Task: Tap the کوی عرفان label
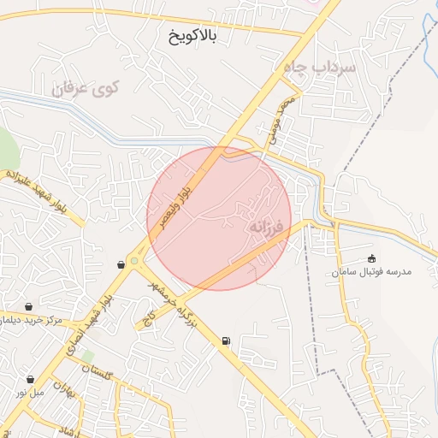click(86, 87)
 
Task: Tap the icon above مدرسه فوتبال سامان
click(371, 258)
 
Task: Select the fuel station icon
click(225, 340)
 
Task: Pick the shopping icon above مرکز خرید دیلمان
click(30, 306)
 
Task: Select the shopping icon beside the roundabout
click(121, 264)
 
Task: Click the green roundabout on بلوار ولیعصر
click(134, 261)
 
